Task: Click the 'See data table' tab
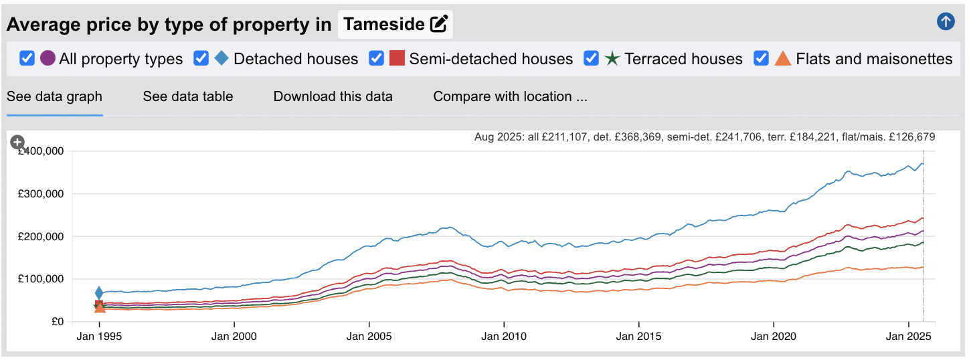click(187, 96)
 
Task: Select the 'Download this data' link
click(333, 96)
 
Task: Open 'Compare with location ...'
click(510, 96)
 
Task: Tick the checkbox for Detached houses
click(201, 58)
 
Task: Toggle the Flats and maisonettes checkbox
click(762, 58)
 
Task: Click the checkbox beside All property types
click(27, 58)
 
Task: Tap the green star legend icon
click(612, 58)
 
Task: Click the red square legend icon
click(397, 58)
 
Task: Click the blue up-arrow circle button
click(946, 22)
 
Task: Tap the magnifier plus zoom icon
click(17, 142)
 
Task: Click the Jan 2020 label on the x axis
click(774, 337)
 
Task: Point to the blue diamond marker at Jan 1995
click(99, 292)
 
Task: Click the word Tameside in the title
click(384, 25)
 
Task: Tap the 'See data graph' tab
click(54, 96)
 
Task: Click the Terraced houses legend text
click(683, 59)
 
